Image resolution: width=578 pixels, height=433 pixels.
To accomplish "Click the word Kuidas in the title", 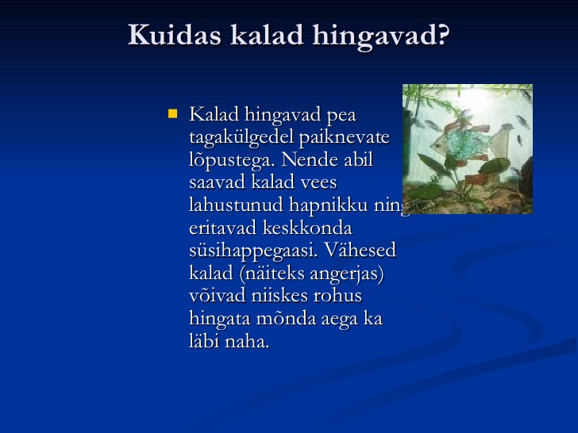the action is point(175,35).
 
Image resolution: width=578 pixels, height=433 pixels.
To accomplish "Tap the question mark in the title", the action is point(443,34).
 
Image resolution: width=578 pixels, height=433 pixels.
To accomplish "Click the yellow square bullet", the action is point(172,113).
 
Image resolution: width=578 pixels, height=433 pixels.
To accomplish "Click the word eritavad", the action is point(222,228).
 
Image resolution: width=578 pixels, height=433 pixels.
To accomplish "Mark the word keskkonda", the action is point(308,228).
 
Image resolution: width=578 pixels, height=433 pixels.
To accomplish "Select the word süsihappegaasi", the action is point(253,251).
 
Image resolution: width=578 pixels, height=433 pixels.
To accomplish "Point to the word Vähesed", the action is point(360,250).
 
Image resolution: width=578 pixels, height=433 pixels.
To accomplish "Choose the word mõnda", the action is point(286,319).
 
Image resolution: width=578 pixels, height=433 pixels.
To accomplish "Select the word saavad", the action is point(217,182).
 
